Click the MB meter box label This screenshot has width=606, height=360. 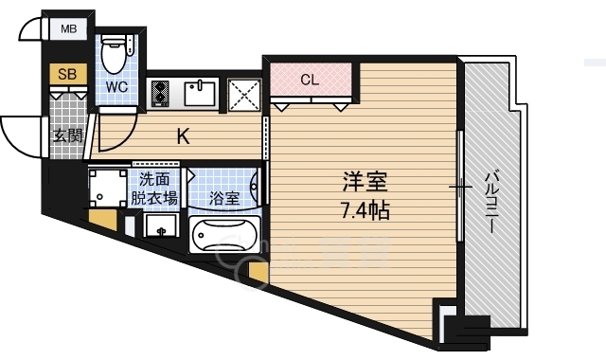coord(69,28)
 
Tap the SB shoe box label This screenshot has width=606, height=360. coord(67,74)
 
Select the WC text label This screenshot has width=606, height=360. coord(116,87)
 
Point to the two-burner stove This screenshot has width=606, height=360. coord(160,93)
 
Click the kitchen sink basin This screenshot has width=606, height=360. coord(200,93)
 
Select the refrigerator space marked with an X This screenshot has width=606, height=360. coord(244,95)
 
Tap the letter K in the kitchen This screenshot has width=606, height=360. coord(183,136)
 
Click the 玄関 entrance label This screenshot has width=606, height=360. coord(67,135)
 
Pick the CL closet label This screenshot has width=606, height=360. coord(310,80)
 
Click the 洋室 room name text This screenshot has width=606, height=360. coord(365,182)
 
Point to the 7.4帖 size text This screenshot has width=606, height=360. coord(365,210)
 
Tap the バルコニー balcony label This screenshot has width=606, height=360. coord(491,203)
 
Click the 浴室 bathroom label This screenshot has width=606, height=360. coord(224,199)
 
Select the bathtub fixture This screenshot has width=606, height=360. coord(225,234)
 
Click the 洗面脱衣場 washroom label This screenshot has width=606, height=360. coord(154,189)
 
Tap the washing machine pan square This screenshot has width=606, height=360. coord(108,189)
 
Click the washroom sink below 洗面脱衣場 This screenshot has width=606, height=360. coord(161,225)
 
